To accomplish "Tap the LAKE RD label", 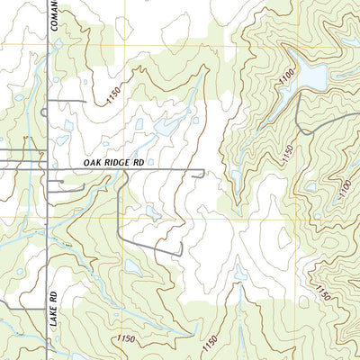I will click(x=53, y=306).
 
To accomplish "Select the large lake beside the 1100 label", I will click(x=310, y=76).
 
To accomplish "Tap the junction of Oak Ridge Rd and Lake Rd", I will click(x=46, y=167).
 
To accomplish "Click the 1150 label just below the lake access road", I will click(x=287, y=154).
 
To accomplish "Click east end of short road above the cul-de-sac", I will click(x=84, y=102).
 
